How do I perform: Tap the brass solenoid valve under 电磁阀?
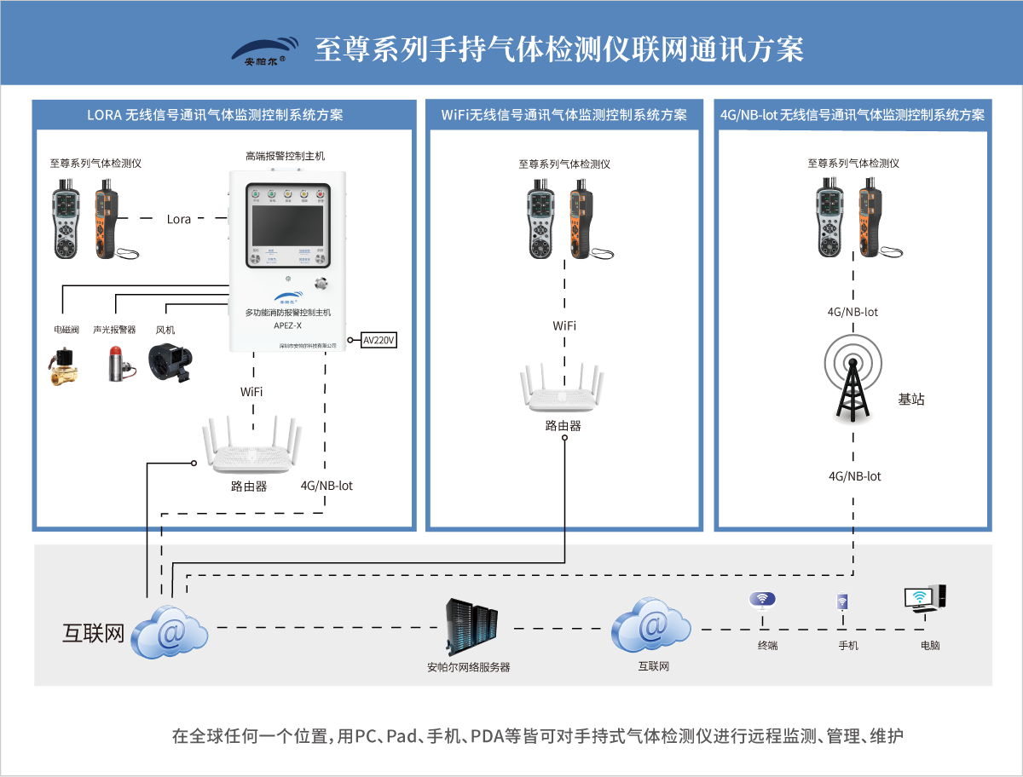66,365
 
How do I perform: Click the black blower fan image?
170,364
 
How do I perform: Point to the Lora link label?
179,219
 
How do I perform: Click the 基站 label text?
911,399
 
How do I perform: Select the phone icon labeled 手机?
842,602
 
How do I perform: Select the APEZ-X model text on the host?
287,325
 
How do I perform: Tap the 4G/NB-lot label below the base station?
854,476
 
